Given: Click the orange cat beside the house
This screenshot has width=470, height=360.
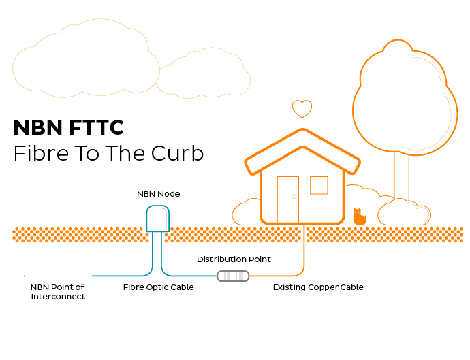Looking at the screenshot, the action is tap(360, 217).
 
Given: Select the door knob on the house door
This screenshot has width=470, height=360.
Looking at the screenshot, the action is tap(294, 197).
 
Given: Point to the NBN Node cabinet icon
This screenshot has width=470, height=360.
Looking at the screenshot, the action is tap(157, 218).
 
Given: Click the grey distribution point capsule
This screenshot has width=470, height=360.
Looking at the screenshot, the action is tap(233, 276).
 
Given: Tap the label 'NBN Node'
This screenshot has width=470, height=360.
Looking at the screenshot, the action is tap(159, 194).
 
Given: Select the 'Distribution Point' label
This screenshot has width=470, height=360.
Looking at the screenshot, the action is tap(234, 259).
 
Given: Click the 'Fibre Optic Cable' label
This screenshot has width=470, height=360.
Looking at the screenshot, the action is tap(158, 287).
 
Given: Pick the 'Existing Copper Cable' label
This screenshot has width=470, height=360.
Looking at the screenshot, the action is tap(318, 287).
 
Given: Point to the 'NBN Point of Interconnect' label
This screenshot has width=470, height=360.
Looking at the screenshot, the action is tap(58, 292).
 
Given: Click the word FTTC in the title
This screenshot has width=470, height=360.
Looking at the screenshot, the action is tap(97, 127).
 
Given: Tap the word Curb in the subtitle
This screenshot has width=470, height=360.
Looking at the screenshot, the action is tap(177, 153).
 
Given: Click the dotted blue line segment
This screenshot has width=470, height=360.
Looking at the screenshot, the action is tap(59, 276).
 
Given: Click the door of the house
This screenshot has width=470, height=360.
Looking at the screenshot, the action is tap(287, 199).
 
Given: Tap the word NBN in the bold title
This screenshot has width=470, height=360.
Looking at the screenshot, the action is tap(37, 127).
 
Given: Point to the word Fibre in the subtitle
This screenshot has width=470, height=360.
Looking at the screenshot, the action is tap(42, 153).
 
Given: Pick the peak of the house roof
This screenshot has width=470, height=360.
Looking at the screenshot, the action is tap(302, 129).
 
